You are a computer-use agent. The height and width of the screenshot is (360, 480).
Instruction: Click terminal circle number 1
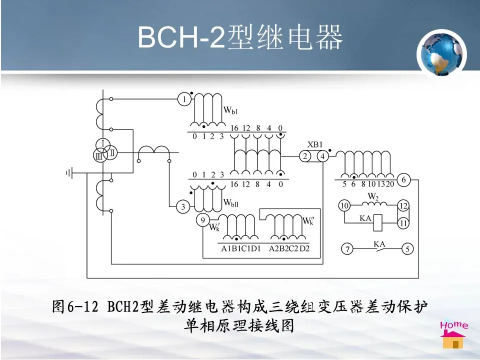click(184, 99)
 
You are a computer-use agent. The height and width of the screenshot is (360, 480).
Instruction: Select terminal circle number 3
click(183, 205)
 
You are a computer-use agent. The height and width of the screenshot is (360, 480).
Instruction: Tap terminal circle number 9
click(202, 220)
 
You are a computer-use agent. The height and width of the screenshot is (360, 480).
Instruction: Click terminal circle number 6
click(403, 179)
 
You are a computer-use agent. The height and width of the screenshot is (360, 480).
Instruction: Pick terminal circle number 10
click(344, 205)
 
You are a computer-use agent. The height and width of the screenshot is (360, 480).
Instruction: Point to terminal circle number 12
click(403, 205)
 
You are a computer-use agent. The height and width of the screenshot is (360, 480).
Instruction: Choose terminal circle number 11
click(403, 223)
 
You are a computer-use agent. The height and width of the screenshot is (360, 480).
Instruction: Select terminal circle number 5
click(408, 248)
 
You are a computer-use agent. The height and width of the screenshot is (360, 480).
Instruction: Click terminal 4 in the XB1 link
click(322, 156)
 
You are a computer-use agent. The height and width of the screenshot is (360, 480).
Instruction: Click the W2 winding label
click(373, 196)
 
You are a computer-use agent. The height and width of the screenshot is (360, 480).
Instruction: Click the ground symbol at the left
click(70, 173)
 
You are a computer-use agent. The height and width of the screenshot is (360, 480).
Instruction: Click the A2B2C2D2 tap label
click(289, 248)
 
